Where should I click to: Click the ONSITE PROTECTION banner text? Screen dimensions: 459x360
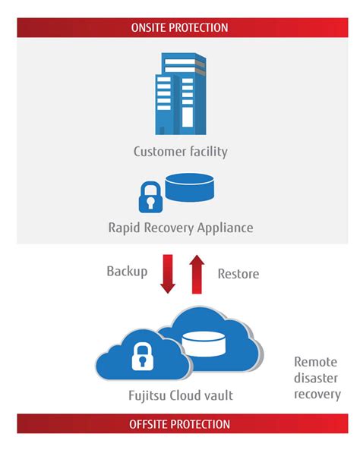(x=180, y=27)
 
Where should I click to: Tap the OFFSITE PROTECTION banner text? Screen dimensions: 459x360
(x=180, y=423)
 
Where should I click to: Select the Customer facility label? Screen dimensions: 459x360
(x=180, y=151)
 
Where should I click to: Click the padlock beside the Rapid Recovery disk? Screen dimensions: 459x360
(x=151, y=196)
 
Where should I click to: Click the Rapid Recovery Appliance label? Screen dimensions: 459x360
(x=180, y=226)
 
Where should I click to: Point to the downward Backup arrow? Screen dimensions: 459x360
(x=168, y=273)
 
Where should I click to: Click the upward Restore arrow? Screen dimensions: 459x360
(x=195, y=275)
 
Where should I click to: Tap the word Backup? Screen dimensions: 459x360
(x=126, y=271)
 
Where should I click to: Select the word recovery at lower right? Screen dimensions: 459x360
(x=317, y=395)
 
